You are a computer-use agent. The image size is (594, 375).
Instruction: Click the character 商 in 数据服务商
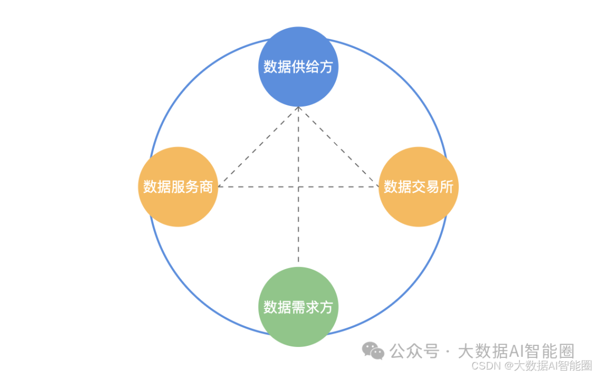(x=206, y=187)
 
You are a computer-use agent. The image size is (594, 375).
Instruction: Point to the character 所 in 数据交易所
(x=447, y=187)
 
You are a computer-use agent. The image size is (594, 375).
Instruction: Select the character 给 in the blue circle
(x=312, y=67)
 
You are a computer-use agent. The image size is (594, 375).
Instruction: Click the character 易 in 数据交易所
(x=432, y=187)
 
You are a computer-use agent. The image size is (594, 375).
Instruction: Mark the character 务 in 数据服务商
(x=192, y=187)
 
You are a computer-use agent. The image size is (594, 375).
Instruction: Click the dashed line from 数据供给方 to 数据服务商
(x=257, y=147)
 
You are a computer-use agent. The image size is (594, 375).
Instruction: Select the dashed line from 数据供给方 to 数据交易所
(x=339, y=147)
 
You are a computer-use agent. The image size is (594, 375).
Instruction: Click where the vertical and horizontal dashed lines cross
(x=298, y=187)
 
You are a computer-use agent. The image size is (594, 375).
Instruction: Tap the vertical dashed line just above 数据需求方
(x=298, y=253)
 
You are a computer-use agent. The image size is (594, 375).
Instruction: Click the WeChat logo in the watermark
(x=373, y=351)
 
